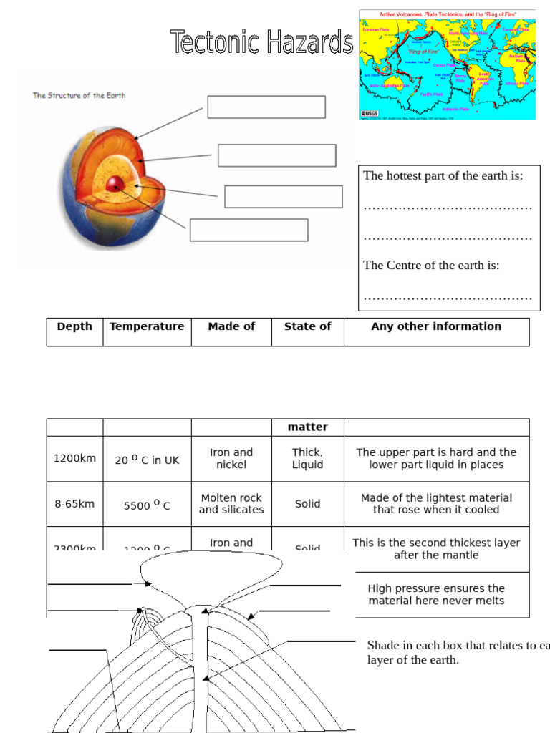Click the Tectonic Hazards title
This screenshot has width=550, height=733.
coord(261,43)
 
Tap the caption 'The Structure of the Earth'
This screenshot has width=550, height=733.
coord(79,95)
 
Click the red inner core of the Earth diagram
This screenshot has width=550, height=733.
coord(114,185)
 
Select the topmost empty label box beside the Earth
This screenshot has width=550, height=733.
coord(266,107)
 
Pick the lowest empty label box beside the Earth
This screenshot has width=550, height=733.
coord(249,230)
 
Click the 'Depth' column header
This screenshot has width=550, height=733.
coord(74,326)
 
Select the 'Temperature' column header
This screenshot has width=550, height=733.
coord(147,326)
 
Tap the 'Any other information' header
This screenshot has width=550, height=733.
coord(436,326)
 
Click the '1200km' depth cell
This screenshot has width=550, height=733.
coord(74,458)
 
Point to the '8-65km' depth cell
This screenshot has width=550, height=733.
coord(74,504)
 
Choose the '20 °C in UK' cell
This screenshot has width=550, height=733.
coord(147,460)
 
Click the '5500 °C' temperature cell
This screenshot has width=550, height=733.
coord(147,505)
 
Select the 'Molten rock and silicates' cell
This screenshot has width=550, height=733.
coord(231,504)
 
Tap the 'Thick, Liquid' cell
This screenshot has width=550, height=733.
coord(307,458)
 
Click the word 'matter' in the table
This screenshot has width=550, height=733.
coord(307,427)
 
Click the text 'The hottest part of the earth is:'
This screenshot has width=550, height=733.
coord(443,176)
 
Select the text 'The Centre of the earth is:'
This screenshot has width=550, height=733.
coord(431,266)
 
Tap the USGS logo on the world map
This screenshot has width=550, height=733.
coord(370,113)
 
